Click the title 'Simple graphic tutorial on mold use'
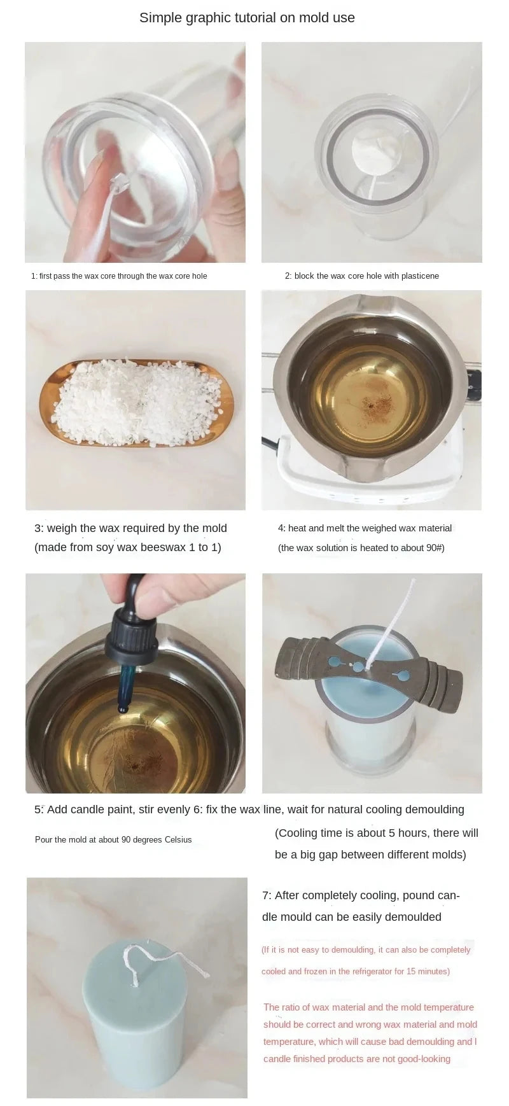(x=247, y=18)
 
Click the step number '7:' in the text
(x=267, y=895)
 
